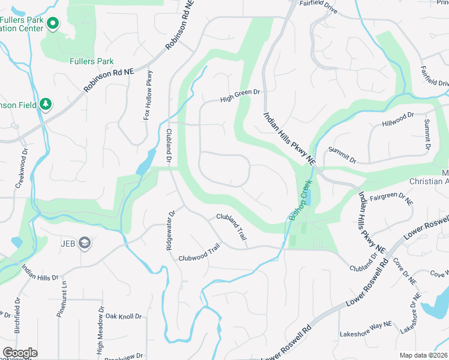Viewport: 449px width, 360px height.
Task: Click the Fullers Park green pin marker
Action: coord(53,24)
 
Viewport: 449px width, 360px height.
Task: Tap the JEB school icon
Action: coord(85,242)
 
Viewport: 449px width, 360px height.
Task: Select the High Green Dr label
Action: coord(240,95)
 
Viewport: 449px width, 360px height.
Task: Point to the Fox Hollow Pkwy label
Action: coord(148,95)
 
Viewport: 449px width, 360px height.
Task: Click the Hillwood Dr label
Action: coord(399,119)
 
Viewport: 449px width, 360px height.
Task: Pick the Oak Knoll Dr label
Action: coord(123,316)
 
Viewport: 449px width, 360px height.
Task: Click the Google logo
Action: coord(20,353)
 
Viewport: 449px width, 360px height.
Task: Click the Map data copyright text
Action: coord(423,355)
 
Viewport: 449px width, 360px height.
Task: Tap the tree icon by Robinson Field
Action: coord(46,104)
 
